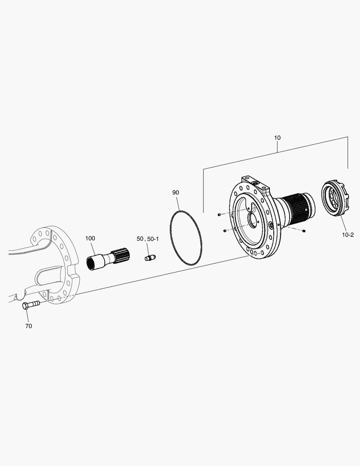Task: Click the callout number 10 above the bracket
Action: [277, 138]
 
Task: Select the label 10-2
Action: [347, 235]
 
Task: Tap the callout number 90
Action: [175, 192]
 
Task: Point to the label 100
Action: [90, 238]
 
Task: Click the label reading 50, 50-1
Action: [147, 239]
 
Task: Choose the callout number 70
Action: [28, 326]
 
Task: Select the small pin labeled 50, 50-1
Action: [149, 258]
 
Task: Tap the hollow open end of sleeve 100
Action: [91, 263]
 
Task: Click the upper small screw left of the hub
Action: [219, 214]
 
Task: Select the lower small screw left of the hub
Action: [225, 230]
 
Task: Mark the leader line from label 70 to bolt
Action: [27, 315]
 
